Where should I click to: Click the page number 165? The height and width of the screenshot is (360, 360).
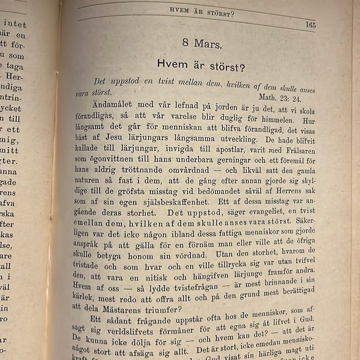(x=310, y=24)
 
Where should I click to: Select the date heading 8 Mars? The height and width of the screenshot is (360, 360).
(x=202, y=44)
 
